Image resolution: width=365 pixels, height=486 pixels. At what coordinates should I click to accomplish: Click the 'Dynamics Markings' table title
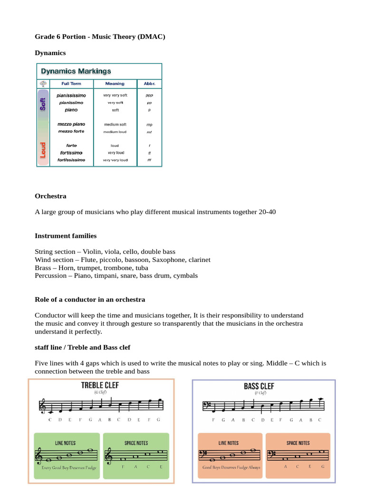pos(76,71)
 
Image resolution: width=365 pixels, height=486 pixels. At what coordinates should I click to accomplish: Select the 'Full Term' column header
pos(71,84)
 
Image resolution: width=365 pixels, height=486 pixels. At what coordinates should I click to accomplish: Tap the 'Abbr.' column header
pos(149,84)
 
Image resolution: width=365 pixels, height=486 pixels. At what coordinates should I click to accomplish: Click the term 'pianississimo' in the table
pos(71,95)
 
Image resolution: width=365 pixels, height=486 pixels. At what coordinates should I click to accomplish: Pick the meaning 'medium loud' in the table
pos(115,131)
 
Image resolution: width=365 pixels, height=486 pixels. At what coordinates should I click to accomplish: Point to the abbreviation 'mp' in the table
pos(149,124)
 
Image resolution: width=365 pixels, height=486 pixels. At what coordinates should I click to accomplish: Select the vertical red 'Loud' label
pos(43,150)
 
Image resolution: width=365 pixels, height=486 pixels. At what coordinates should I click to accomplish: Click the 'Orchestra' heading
pos(50,196)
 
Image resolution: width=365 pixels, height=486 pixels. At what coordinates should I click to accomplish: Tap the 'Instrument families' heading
pos(66,236)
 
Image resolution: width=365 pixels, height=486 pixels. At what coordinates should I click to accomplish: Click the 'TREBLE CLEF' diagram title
pos(100,385)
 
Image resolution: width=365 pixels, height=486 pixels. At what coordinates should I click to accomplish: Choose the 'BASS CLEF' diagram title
pos(259,386)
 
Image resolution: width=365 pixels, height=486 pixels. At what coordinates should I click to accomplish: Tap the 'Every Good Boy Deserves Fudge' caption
pos(66,467)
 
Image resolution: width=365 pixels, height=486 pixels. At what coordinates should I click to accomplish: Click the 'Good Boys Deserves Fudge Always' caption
pos(231,467)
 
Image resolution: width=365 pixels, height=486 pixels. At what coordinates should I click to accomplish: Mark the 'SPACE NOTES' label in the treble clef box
pos(136,443)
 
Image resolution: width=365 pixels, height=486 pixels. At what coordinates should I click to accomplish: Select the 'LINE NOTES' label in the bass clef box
pos(229,443)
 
